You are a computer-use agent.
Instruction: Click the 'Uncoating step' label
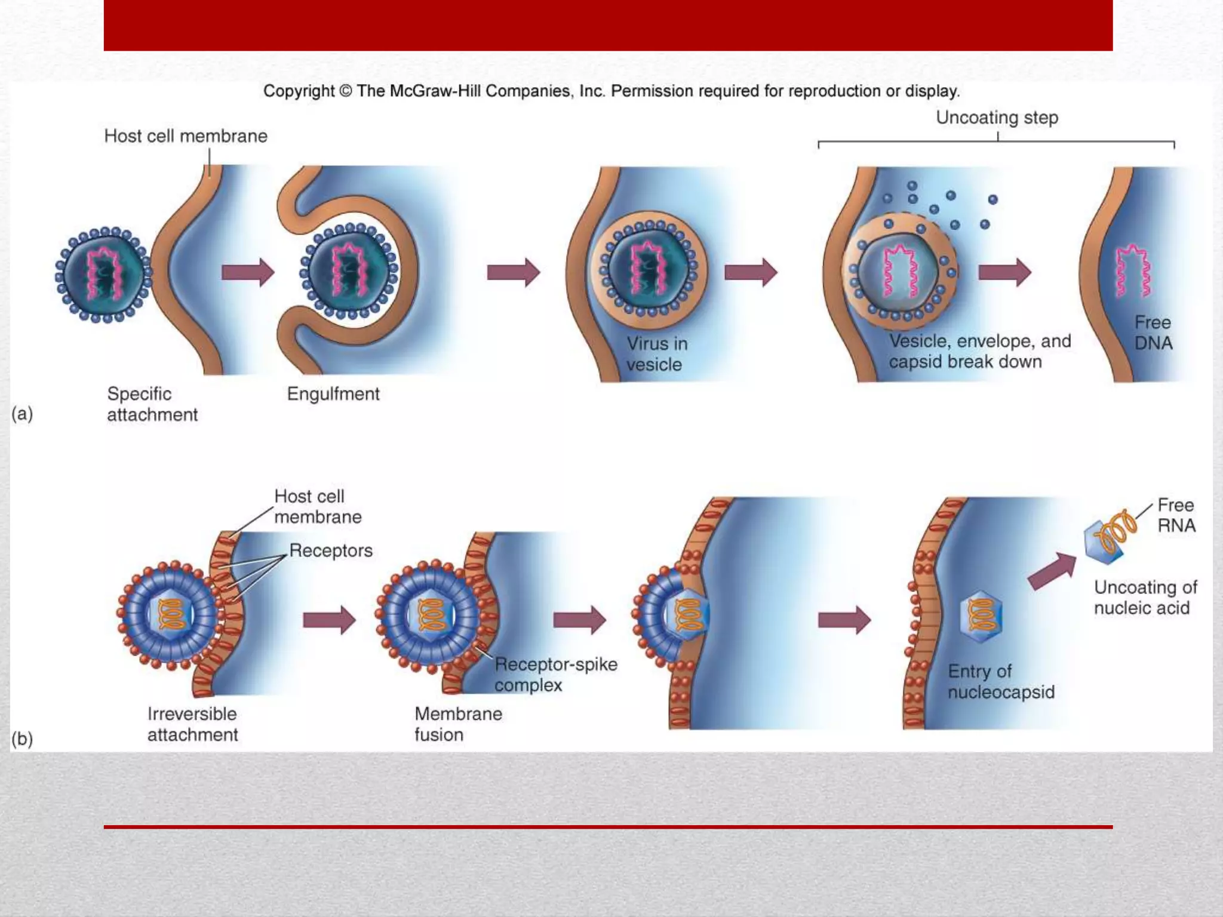tap(997, 118)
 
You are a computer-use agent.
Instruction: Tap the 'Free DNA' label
tap(1153, 333)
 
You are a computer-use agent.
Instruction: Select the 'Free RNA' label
tap(1176, 515)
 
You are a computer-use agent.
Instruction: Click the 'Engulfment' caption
tap(333, 394)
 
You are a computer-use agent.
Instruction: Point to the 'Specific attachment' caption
tap(152, 404)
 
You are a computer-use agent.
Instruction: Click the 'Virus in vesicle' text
tap(657, 354)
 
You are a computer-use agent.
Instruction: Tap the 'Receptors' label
tap(331, 550)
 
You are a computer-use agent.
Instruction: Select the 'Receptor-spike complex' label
tap(555, 675)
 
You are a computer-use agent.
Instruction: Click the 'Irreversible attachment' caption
tap(192, 724)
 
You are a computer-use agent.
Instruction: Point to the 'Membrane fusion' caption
tap(458, 724)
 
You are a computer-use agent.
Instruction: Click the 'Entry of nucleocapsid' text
tap(1001, 682)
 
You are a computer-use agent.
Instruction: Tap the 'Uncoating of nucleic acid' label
tap(1145, 598)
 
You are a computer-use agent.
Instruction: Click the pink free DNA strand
tap(1133, 271)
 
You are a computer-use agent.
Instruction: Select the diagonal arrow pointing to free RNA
tap(1051, 571)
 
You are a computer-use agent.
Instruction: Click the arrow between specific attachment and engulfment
tap(247, 272)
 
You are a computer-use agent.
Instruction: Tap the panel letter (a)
tap(22, 414)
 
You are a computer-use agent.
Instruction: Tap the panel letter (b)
tap(22, 739)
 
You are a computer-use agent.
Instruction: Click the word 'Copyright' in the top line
tap(299, 91)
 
